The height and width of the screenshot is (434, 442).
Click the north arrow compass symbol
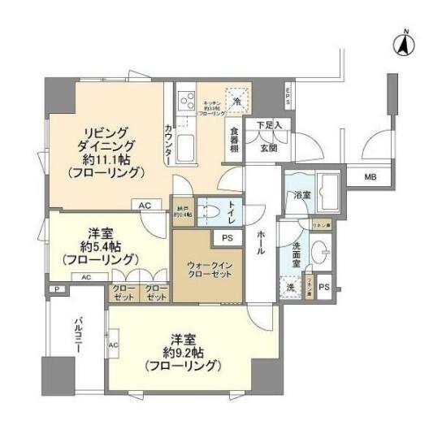[x=402, y=44]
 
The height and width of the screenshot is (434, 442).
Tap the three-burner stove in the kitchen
[x=186, y=101]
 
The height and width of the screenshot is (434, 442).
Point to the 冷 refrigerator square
[x=236, y=101]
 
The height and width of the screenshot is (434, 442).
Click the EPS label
[x=287, y=95]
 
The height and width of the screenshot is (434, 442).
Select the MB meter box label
[x=370, y=176]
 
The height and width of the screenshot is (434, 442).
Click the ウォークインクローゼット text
[x=206, y=270]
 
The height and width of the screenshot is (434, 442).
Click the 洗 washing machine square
[x=290, y=287]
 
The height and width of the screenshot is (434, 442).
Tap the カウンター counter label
[x=167, y=140]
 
